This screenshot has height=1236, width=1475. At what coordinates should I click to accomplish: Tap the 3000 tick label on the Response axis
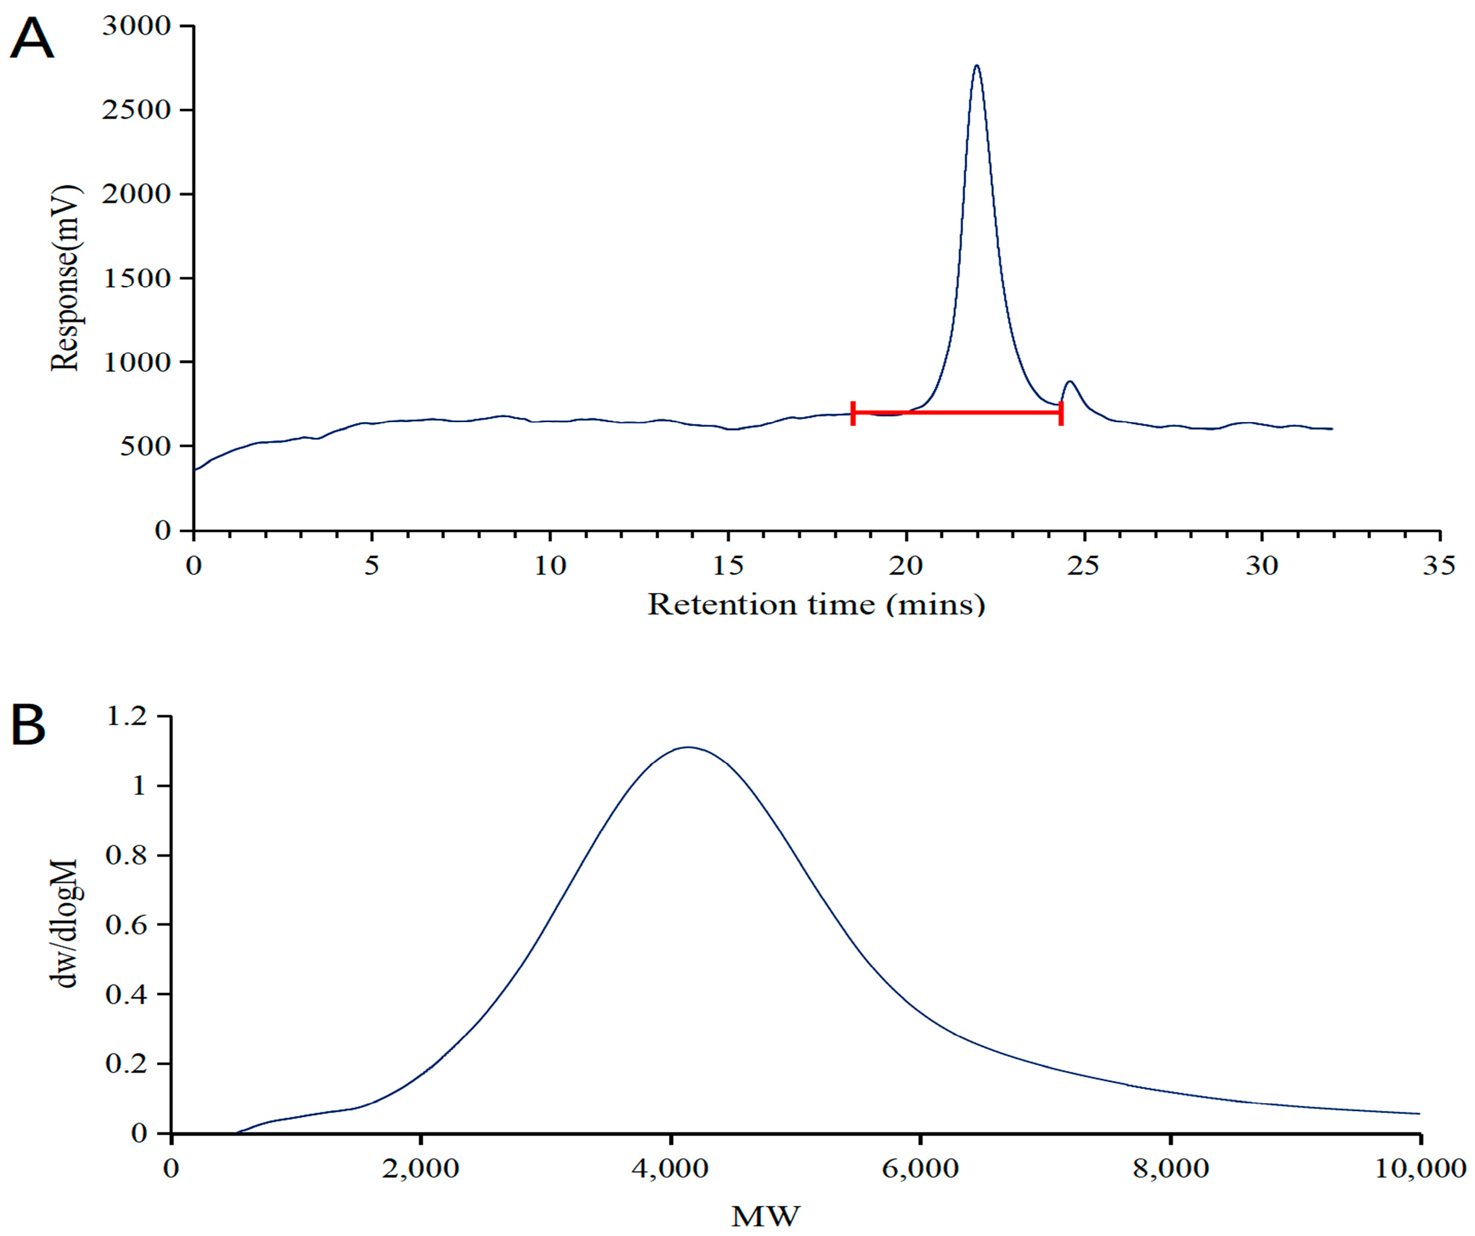tap(136, 26)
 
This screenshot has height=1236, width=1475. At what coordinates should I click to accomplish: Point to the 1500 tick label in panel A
tap(136, 278)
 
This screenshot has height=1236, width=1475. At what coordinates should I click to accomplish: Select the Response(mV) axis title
tap(65, 277)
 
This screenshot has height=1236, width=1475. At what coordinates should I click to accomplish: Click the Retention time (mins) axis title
tap(816, 605)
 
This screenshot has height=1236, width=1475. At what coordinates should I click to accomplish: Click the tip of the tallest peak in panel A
tap(976, 66)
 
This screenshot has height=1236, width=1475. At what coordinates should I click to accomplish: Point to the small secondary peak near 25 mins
tap(1070, 383)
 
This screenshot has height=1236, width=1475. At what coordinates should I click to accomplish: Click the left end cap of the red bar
tap(853, 413)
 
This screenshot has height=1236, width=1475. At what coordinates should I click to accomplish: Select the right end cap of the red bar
tap(1060, 413)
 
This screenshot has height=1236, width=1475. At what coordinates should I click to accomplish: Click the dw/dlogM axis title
tap(66, 924)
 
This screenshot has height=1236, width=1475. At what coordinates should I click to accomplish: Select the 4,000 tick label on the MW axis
tap(670, 1169)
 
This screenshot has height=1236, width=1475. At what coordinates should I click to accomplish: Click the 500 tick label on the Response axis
tap(145, 446)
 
